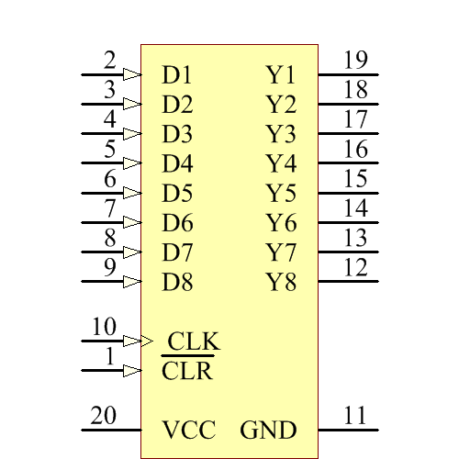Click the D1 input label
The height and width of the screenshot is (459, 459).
(177, 74)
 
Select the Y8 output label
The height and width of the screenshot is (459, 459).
(281, 281)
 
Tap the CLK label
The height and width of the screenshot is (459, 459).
(194, 341)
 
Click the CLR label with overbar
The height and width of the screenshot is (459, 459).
(187, 372)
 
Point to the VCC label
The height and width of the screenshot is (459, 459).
(189, 430)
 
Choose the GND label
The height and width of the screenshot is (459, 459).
(269, 430)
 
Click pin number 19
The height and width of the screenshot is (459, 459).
(355, 62)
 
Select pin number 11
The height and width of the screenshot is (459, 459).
(355, 416)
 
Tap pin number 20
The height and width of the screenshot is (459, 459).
(103, 416)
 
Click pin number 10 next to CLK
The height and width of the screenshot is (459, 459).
(104, 327)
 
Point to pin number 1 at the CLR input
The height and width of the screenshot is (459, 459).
(110, 357)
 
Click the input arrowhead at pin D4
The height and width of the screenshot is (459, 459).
(132, 163)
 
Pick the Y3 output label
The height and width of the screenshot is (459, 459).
(281, 134)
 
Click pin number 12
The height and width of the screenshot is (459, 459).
(355, 268)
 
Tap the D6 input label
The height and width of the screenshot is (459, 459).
(177, 222)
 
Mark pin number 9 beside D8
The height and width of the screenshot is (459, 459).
(109, 268)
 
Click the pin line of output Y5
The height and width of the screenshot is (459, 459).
(348, 193)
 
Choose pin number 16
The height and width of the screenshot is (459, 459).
(355, 150)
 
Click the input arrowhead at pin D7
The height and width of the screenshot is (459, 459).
(132, 252)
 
